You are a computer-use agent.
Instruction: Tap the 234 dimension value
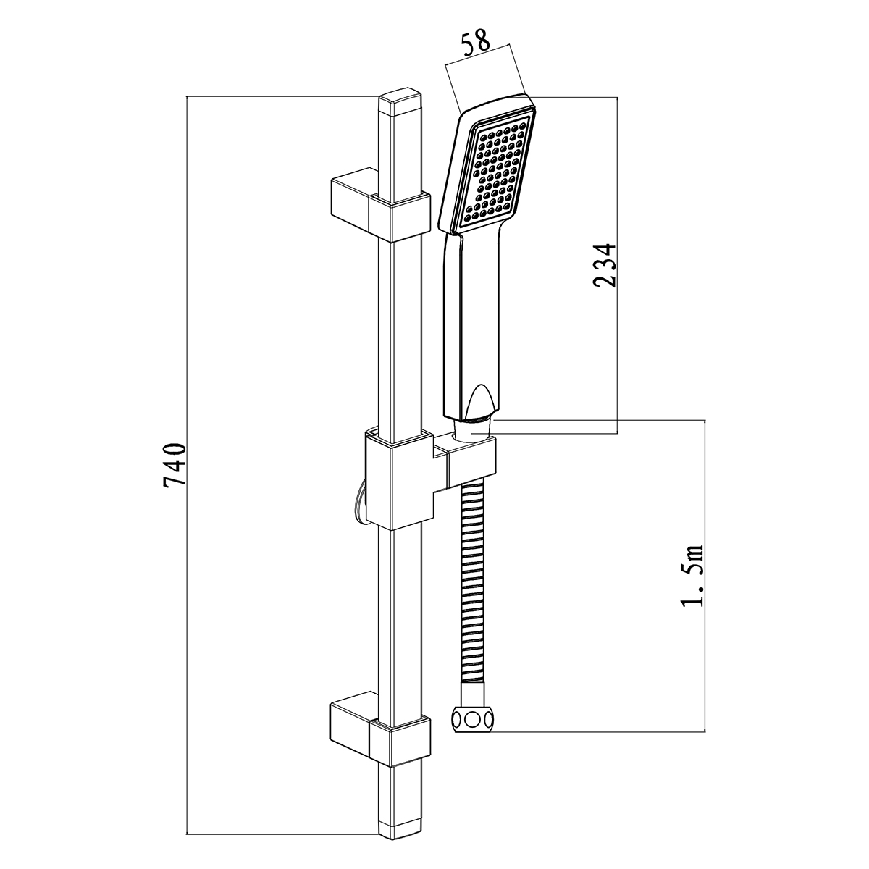click(x=604, y=265)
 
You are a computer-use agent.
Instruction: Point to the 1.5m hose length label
click(x=692, y=576)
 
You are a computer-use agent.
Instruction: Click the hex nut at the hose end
click(x=472, y=718)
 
